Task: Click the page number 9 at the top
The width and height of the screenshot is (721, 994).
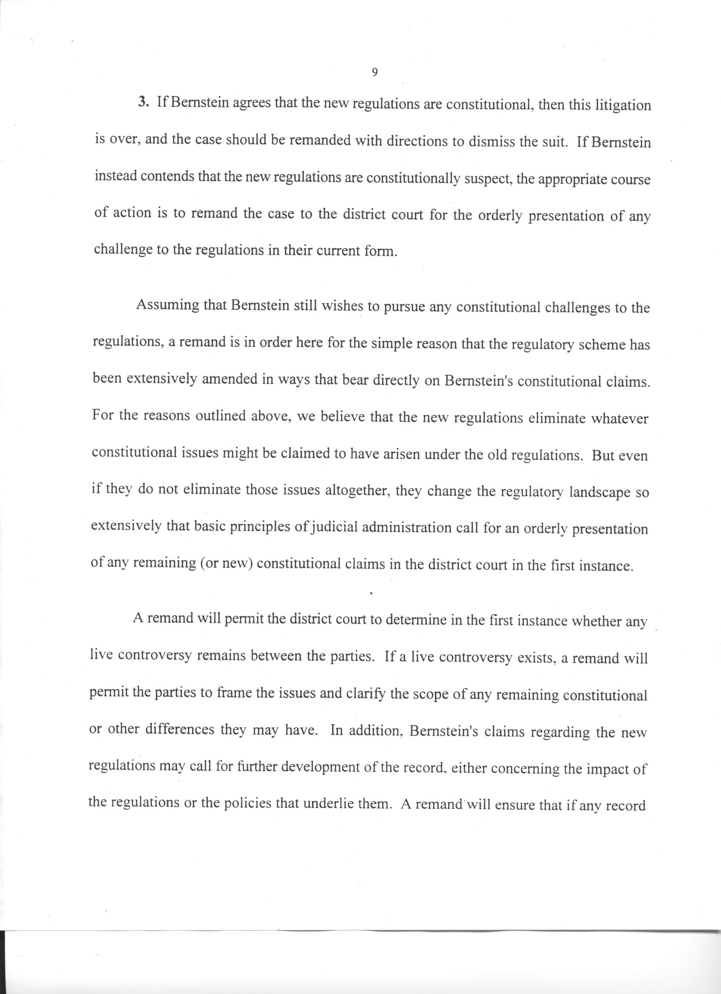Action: tap(374, 73)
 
